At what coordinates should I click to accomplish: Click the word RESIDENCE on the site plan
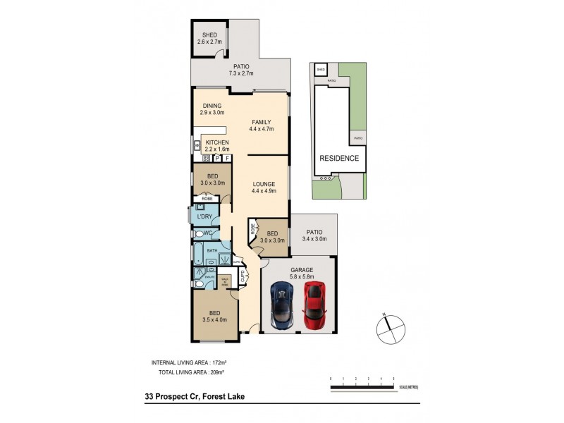click(341, 159)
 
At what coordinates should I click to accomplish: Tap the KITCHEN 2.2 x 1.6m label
click(217, 146)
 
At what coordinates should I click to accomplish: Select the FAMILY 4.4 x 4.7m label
click(261, 125)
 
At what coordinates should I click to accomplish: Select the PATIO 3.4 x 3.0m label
click(314, 235)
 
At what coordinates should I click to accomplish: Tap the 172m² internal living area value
click(226, 362)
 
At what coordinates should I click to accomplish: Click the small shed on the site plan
click(321, 69)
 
